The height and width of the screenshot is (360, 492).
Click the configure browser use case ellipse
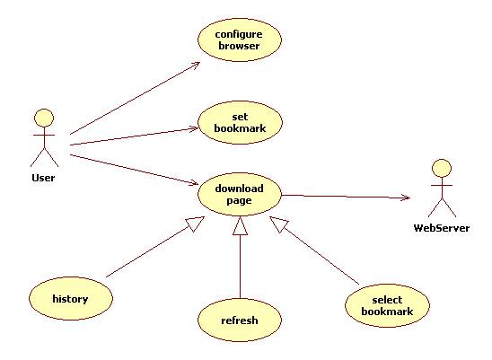pos(240,40)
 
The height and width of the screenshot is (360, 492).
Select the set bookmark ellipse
pos(240,122)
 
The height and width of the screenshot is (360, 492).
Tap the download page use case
pos(240,194)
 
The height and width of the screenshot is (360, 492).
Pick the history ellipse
pos(71,298)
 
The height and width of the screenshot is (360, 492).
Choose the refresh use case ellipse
pos(240,320)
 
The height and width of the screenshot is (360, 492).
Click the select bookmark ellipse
pos(387,306)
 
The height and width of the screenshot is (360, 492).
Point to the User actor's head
pos(44,118)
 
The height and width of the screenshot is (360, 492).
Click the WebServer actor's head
pos(442,169)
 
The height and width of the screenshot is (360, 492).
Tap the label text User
pos(43,178)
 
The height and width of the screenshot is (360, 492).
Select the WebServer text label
pos(442,228)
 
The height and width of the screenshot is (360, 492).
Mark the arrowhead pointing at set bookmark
pos(194,128)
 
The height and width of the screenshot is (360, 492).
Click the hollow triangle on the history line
pos(195,224)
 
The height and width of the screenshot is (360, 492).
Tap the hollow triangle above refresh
pos(240,225)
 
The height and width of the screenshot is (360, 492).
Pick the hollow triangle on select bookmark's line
pos(279,224)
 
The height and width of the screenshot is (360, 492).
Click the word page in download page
pos(239,201)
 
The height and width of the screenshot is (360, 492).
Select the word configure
pos(239,34)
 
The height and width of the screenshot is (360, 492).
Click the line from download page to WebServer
pos(346,197)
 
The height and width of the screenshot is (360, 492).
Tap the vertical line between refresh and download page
pos(240,267)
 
